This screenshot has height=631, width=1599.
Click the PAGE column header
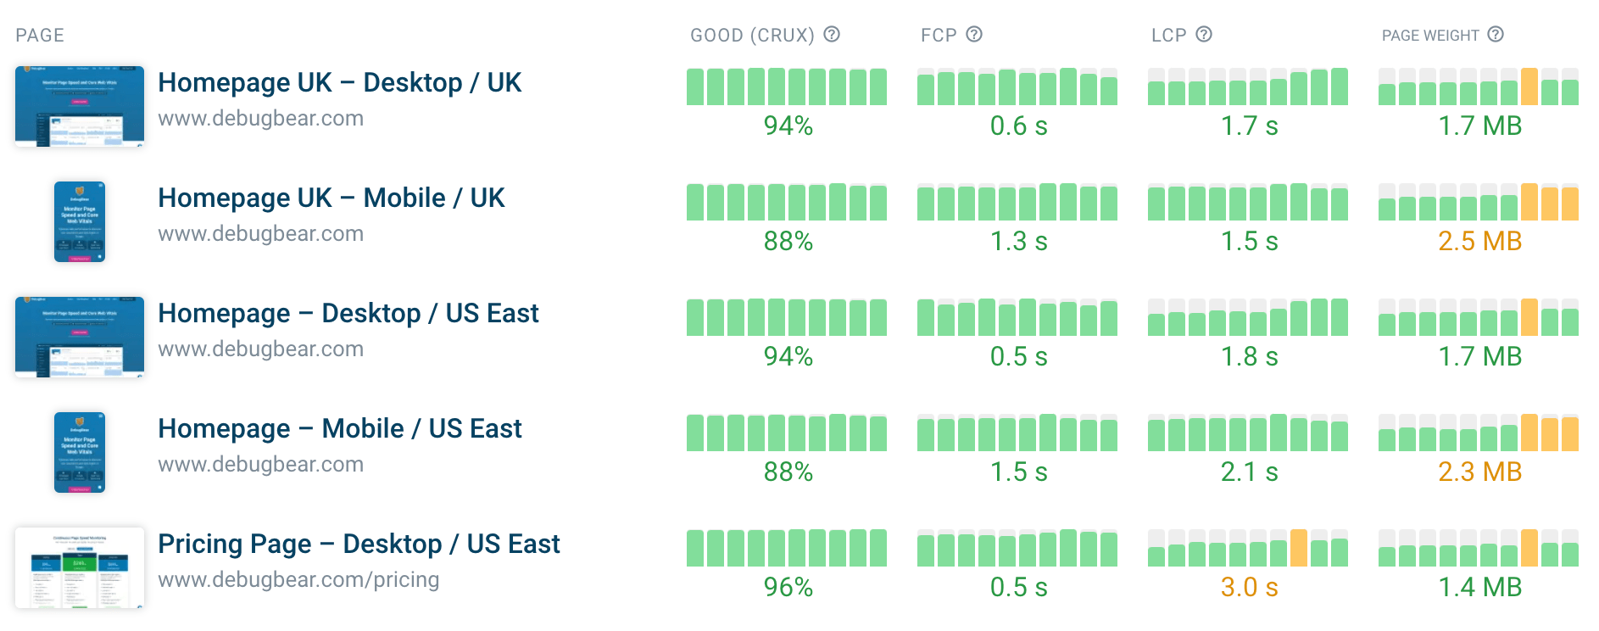40,36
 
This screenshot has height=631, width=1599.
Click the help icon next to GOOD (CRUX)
832,34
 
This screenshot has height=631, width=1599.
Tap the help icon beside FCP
974,34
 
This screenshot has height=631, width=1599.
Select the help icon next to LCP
1204,34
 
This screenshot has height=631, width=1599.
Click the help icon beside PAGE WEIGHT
1496,34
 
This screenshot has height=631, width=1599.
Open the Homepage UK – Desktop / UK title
339,82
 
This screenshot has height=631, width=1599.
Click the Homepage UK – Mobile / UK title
331,198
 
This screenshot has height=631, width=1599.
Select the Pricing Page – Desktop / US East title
359,544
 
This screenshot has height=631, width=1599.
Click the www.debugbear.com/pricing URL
298,580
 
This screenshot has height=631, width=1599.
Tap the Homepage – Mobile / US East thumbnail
80,452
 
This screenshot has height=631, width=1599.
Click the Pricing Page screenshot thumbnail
80,567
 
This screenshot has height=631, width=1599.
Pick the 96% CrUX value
788,587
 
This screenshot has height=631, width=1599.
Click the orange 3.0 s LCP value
1249,587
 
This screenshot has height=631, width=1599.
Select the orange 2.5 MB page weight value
1479,241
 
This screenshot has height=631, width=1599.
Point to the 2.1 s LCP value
1249,472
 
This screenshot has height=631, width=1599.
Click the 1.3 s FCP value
1018,241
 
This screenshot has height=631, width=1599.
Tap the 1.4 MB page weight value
1479,587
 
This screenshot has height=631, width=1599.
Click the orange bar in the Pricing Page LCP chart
1298,549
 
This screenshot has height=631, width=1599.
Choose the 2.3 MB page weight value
1479,472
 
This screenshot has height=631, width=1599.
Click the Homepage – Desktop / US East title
348,313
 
